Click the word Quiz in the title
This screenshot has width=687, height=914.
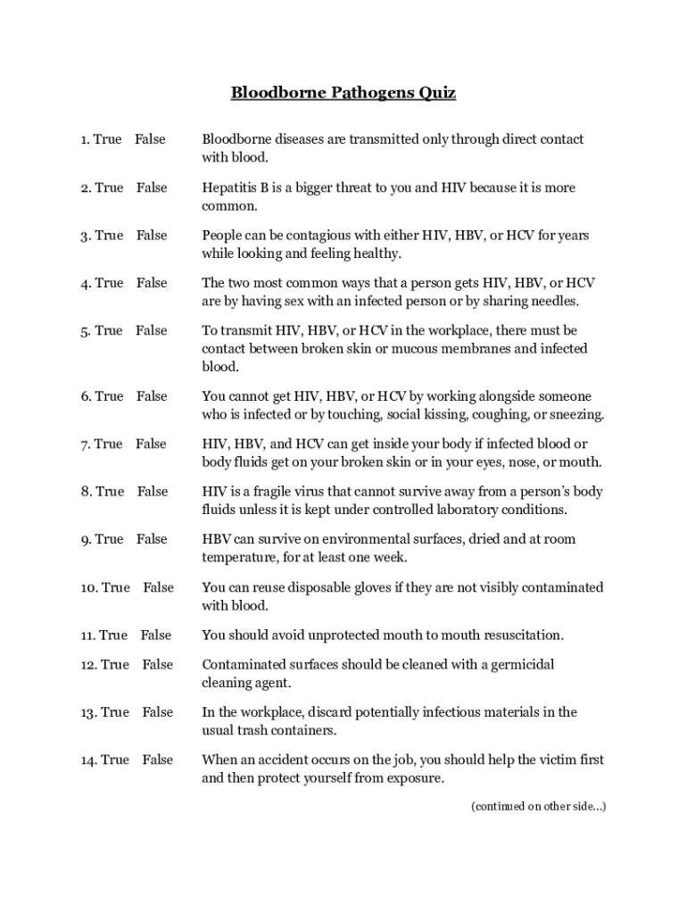437,93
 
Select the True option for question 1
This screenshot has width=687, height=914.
107,139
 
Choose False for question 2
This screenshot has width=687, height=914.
152,187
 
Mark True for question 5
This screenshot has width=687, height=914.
108,330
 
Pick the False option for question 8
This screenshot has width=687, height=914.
153,491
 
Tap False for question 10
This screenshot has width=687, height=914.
159,587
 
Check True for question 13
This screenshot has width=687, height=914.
115,712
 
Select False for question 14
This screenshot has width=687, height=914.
158,760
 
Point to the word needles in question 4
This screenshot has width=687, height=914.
555,301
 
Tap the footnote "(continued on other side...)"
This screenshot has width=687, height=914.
538,807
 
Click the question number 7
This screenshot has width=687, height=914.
85,444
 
